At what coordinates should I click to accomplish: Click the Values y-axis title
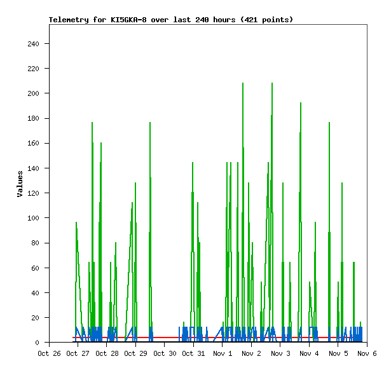[20, 184]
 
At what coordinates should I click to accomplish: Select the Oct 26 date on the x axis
[49, 353]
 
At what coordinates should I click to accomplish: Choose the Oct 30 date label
[165, 353]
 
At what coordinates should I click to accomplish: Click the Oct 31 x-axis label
[193, 353]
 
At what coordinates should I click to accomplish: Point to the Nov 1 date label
[223, 353]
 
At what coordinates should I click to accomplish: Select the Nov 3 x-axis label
[280, 353]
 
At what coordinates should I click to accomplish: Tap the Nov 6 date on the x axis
[367, 353]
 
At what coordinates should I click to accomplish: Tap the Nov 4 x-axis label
[309, 353]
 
